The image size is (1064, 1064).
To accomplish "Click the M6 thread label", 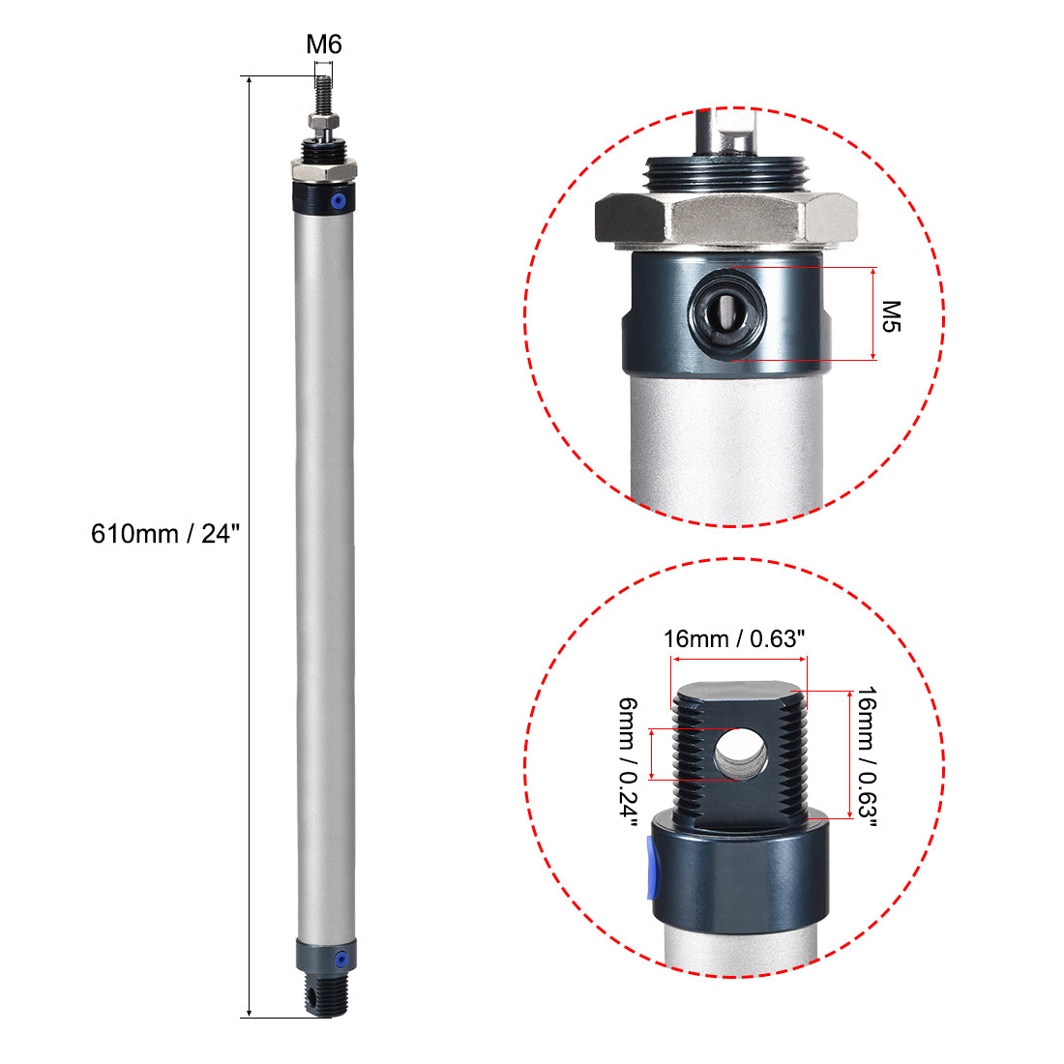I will (x=324, y=44).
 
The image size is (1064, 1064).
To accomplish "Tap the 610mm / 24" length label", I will (x=164, y=533).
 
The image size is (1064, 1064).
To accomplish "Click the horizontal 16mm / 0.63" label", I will (x=734, y=639).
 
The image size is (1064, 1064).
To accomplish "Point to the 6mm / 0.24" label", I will (x=629, y=764).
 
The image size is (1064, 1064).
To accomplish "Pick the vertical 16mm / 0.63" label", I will (x=867, y=757).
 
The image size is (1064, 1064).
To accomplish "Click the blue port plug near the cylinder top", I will (x=338, y=201).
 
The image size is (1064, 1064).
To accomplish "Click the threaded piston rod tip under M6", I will (x=324, y=93).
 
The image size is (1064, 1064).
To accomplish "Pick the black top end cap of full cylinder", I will (x=323, y=199).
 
